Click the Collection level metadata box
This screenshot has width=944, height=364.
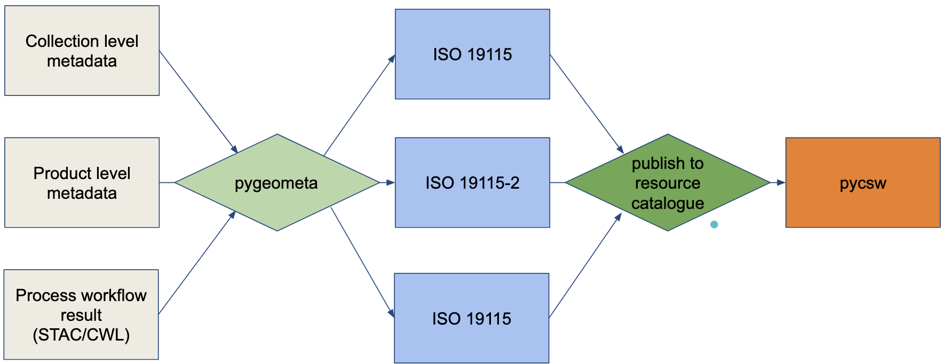(82, 51)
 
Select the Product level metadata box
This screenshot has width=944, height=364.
(82, 183)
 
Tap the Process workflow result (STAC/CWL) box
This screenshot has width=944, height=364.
(81, 314)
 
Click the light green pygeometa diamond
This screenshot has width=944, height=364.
(276, 183)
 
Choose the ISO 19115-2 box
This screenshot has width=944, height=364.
(472, 183)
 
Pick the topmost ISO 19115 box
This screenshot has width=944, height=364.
(472, 54)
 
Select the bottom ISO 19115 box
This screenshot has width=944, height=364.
(472, 318)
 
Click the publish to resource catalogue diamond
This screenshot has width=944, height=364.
(667, 183)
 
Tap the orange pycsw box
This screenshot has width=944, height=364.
(862, 183)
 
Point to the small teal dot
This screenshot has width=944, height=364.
(714, 224)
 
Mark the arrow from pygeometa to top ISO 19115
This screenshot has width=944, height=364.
(359, 105)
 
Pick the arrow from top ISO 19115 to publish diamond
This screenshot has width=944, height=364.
(586, 103)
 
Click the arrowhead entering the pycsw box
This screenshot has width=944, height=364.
(781, 183)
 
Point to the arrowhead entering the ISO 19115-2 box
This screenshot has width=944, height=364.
(390, 183)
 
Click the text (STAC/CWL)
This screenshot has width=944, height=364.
(81, 335)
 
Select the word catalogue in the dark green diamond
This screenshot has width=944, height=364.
(668, 203)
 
